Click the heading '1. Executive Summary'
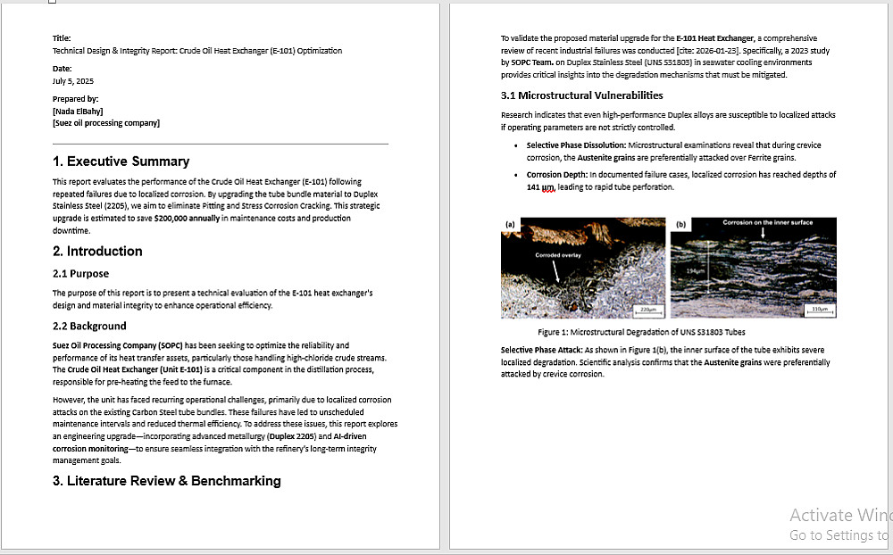[x=121, y=162]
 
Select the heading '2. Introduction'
[x=97, y=252]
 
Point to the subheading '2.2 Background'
[x=89, y=327]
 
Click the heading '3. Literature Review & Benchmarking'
[x=166, y=481]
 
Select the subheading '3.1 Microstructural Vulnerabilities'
[x=581, y=95]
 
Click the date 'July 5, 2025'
[x=73, y=81]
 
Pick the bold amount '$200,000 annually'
[x=187, y=218]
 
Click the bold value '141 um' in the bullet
[x=540, y=187]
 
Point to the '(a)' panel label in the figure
[x=510, y=225]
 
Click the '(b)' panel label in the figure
[x=680, y=225]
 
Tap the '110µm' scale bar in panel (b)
[x=817, y=310]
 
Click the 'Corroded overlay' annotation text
[x=557, y=255]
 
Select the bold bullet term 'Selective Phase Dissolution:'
[x=576, y=145]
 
